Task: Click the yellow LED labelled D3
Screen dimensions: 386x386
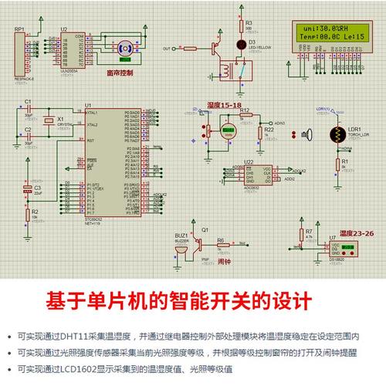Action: (x=240, y=42)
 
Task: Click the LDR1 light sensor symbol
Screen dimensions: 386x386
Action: (x=337, y=134)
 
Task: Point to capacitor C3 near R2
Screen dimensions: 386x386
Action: (x=26, y=190)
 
